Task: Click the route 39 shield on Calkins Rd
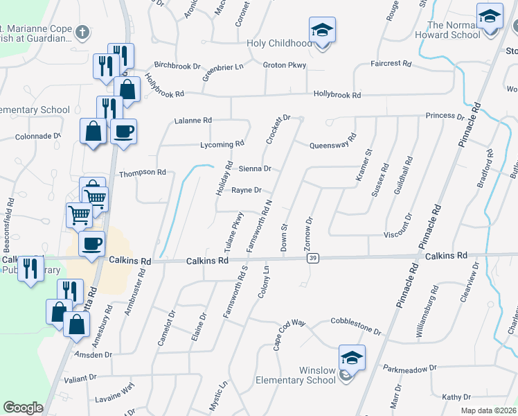point(313,258)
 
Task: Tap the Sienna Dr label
point(254,168)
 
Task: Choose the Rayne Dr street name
point(246,190)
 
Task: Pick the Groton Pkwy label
point(284,65)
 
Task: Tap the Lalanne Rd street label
point(193,120)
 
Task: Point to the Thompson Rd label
point(143,172)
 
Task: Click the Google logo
point(23,408)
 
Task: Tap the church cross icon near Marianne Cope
point(82,32)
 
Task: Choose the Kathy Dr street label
point(456,397)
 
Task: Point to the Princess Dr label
point(445,116)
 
